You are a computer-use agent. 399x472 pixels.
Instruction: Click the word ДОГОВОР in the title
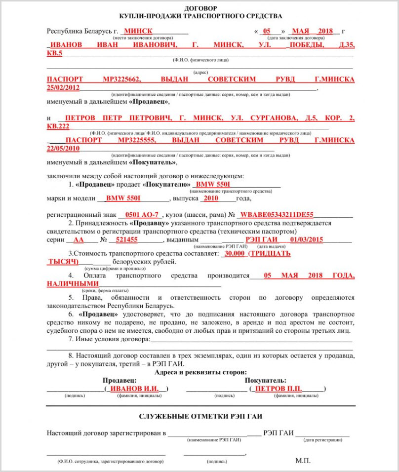point(200,8)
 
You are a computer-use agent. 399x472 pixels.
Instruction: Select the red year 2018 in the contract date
point(326,31)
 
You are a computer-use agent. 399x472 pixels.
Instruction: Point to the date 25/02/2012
point(63,87)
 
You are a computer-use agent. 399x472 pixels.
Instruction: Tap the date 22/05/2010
point(63,148)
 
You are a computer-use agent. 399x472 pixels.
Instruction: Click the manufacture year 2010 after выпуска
point(211,199)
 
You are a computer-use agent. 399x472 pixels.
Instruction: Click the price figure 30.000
point(234,253)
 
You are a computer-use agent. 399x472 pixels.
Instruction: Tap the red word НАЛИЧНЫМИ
point(73,284)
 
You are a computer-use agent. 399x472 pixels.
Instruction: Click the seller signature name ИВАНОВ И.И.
point(134,388)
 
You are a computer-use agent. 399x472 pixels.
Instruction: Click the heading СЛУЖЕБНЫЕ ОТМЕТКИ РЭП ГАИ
point(199,416)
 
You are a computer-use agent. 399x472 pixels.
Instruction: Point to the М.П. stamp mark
point(303,460)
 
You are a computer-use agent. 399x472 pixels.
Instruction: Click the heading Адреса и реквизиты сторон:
point(201,372)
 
